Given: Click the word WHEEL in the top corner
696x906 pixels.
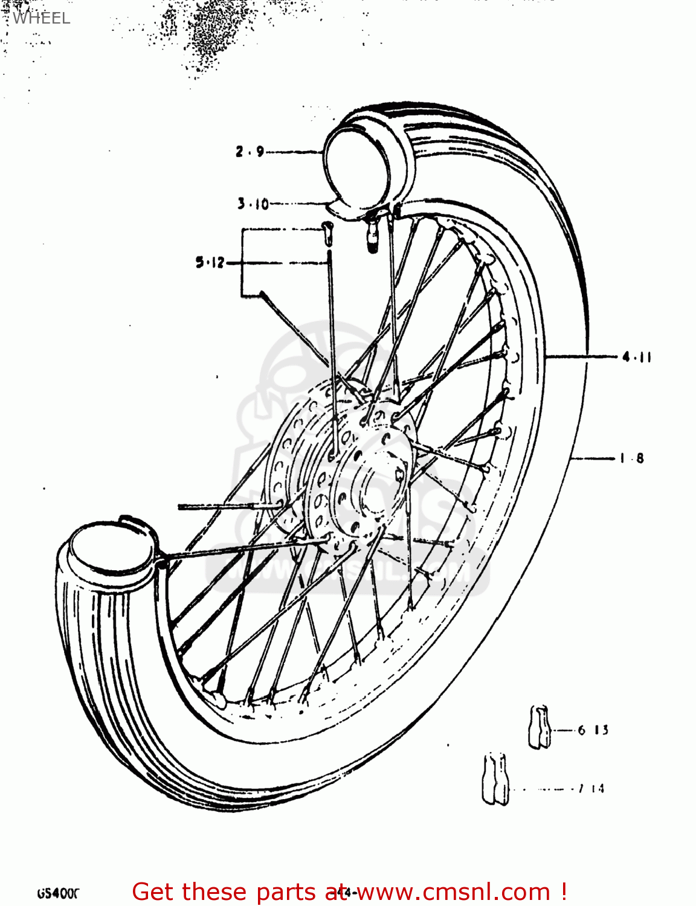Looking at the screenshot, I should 41,18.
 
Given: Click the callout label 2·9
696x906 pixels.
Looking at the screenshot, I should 250,151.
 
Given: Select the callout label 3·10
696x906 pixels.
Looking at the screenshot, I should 253,204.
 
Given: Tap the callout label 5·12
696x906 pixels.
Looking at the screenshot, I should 210,263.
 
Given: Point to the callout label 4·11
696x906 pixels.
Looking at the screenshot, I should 637,357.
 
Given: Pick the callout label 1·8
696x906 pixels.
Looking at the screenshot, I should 632,458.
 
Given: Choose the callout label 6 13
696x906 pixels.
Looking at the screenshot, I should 593,730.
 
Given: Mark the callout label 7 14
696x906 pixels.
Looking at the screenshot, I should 591,788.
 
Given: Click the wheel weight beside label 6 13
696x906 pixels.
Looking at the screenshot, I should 540,727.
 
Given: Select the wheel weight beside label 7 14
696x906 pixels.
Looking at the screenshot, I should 495,779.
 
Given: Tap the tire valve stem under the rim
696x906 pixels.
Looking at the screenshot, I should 371,233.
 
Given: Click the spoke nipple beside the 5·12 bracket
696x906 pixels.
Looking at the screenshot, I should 327,232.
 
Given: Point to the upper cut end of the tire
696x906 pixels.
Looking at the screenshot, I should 356,163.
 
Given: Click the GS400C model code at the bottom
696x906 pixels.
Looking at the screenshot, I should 59,893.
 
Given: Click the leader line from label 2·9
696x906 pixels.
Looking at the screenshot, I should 293,152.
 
